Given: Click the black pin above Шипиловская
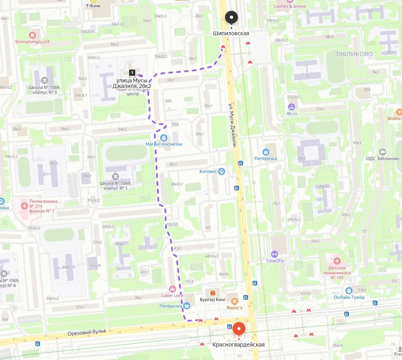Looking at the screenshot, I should click(x=231, y=17).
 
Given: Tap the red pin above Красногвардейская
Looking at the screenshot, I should click(x=239, y=329).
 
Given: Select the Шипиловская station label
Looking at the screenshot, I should click(x=231, y=33).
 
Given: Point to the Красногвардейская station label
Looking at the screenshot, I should click(x=239, y=345).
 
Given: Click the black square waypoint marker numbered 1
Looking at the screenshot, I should click(x=132, y=72).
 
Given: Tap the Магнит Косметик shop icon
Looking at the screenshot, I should click(x=164, y=137).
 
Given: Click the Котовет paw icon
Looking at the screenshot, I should click(x=222, y=171).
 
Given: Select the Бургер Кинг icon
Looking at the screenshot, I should click(x=213, y=293).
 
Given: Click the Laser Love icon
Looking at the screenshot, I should click(x=172, y=289).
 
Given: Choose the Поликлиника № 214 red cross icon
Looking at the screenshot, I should click(x=25, y=206).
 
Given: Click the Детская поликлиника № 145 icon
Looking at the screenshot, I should click(x=337, y=261).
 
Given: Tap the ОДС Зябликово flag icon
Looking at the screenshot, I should click(x=382, y=152).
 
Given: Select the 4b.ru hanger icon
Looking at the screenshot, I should click(x=292, y=106).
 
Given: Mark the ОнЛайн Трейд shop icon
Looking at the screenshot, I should click(x=349, y=291).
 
